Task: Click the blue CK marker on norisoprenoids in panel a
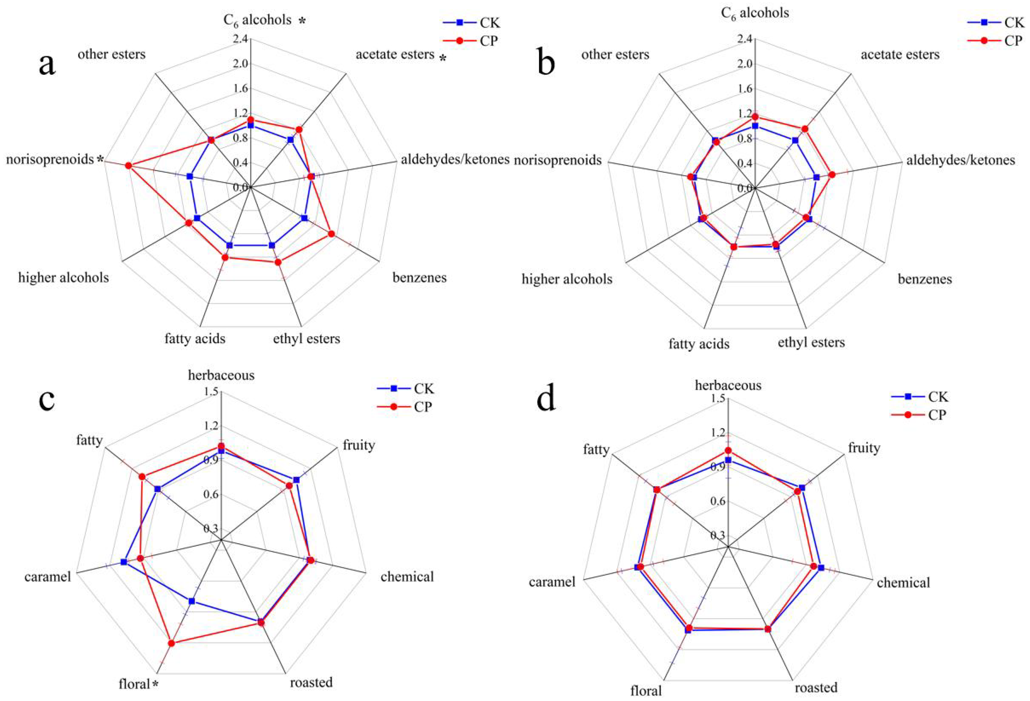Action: pyautogui.click(x=190, y=176)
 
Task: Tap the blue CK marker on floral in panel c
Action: pyautogui.click(x=192, y=601)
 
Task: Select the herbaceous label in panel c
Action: pyautogui.click(x=221, y=375)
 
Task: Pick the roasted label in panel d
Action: pyautogui.click(x=816, y=687)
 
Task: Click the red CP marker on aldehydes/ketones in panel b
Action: pyautogui.click(x=832, y=175)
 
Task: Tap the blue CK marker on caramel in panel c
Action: pyautogui.click(x=124, y=562)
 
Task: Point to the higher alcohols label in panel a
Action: pyautogui.click(x=63, y=278)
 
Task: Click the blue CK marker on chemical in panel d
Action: pyautogui.click(x=821, y=568)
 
